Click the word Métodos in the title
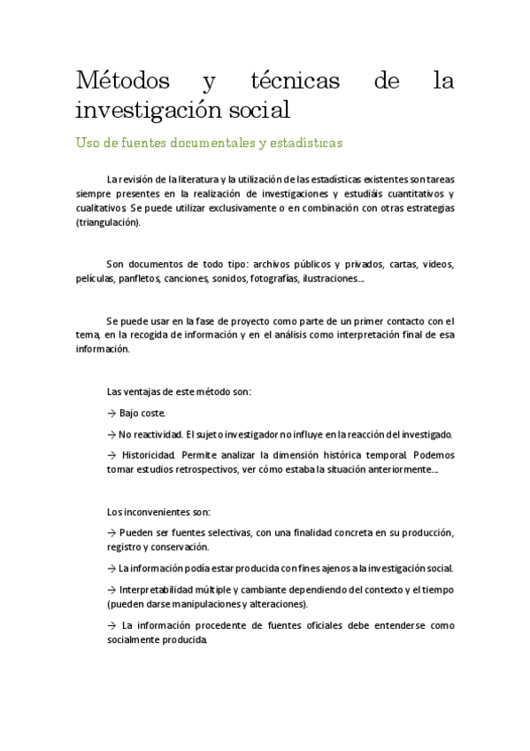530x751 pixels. tap(123, 82)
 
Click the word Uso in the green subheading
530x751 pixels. tap(90, 143)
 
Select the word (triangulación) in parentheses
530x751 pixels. tap(108, 222)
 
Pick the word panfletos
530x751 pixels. tap(141, 278)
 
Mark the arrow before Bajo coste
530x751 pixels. tap(111, 413)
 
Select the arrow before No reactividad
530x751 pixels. tap(111, 434)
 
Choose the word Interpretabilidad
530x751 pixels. tap(162, 590)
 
